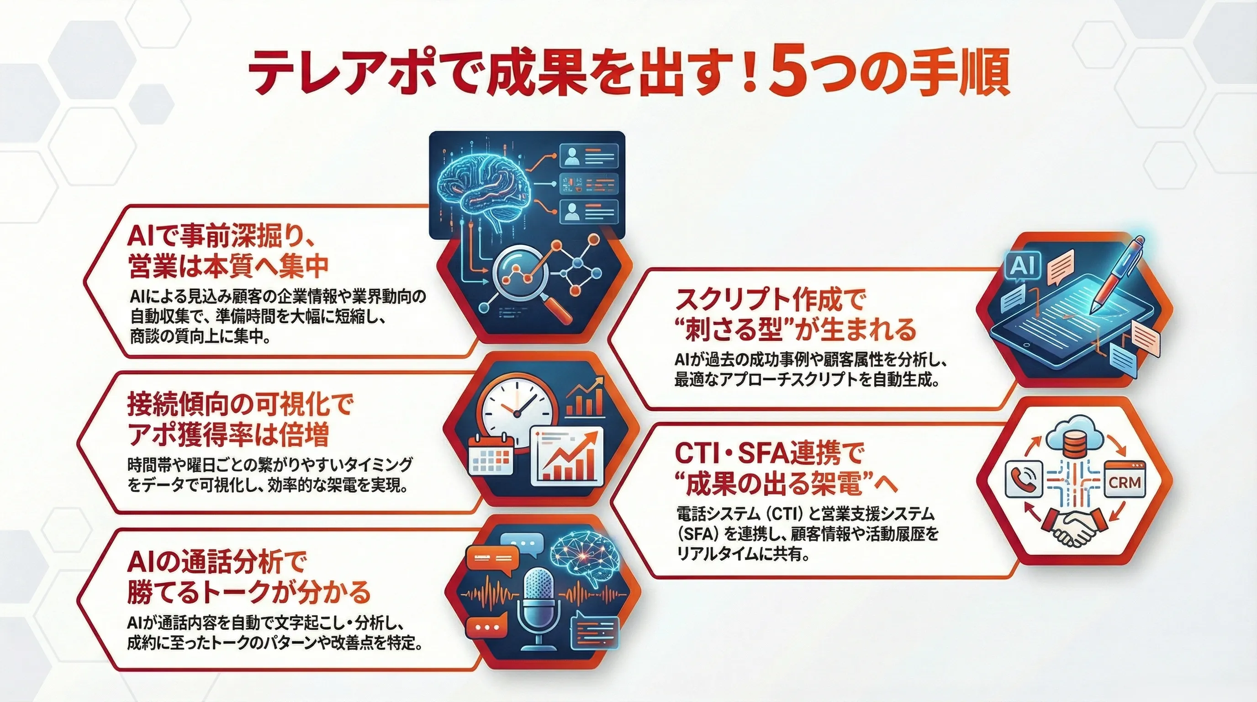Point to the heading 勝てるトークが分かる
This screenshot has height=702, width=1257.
point(249,593)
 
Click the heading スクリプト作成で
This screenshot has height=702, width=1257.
point(770,299)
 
